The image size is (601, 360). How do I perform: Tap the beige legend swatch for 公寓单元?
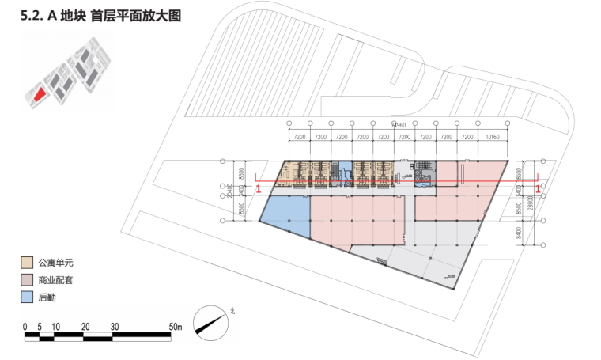(27, 262)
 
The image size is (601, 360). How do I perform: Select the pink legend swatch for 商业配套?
(27, 280)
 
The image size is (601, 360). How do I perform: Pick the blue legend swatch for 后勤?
(27, 297)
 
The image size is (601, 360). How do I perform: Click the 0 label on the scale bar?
(25, 326)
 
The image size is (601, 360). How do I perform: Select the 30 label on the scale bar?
(115, 326)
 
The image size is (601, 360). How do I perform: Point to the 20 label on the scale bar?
(85, 326)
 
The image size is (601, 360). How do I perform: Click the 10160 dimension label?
(493, 137)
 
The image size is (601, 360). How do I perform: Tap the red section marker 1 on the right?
(539, 190)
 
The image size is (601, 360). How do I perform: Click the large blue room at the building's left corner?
(285, 214)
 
